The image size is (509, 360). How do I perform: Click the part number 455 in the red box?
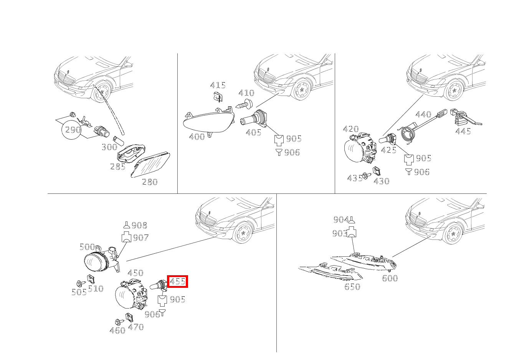pyautogui.click(x=178, y=282)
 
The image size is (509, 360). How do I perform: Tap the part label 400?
pyautogui.click(x=197, y=137)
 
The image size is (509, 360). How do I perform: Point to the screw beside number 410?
pyautogui.click(x=244, y=104)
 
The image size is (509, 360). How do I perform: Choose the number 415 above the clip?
pyautogui.click(x=218, y=86)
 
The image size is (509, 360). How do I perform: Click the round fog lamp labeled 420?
pyautogui.click(x=360, y=148)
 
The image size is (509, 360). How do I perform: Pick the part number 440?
pyautogui.click(x=423, y=114)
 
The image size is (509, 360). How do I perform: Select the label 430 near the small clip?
pyautogui.click(x=382, y=181)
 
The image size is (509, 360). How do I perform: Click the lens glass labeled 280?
pyautogui.click(x=150, y=165)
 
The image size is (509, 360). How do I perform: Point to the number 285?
pyautogui.click(x=118, y=167)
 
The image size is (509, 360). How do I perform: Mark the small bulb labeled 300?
pyautogui.click(x=119, y=141)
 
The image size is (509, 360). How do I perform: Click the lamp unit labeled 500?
pyautogui.click(x=102, y=259)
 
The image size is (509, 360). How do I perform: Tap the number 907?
pyautogui.click(x=141, y=238)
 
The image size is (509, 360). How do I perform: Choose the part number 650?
pyautogui.click(x=352, y=287)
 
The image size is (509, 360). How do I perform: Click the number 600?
pyautogui.click(x=390, y=278)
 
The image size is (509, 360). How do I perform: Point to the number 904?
pyautogui.click(x=341, y=220)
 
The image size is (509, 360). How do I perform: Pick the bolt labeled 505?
pyautogui.click(x=81, y=284)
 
